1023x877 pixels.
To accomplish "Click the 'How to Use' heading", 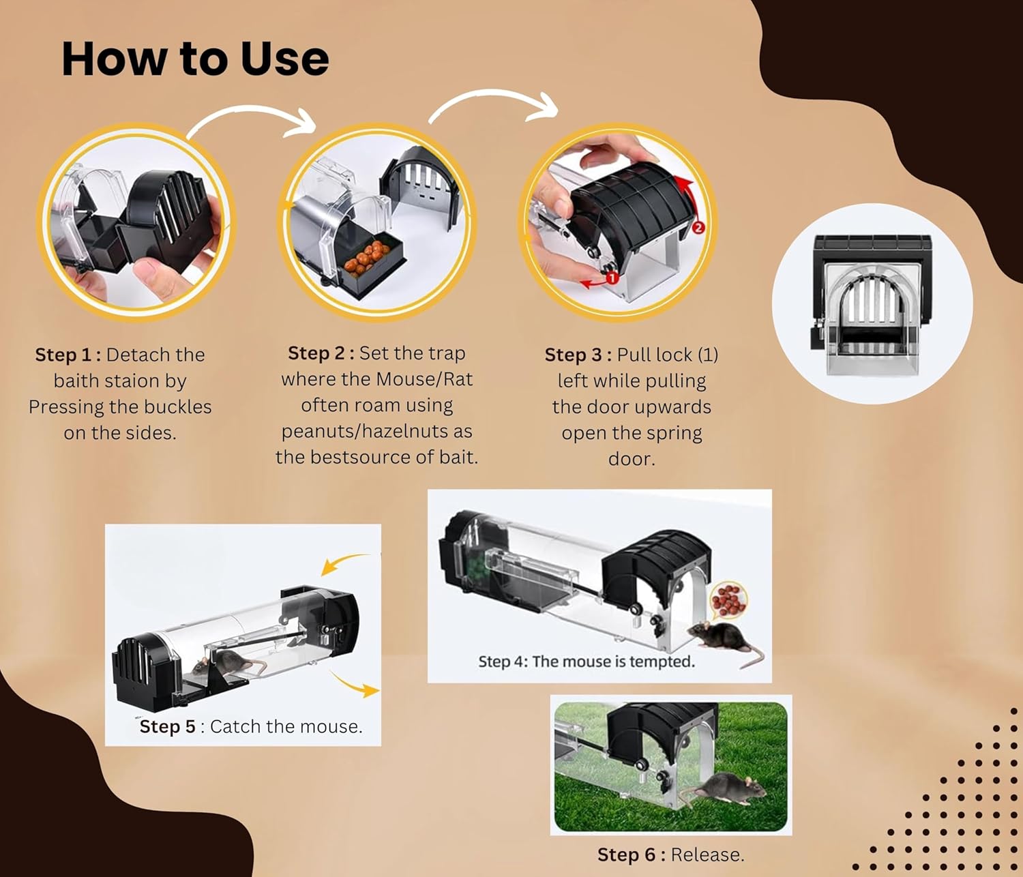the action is pos(195,59).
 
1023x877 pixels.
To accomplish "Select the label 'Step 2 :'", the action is pos(321,353).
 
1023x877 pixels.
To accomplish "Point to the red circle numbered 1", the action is pos(612,278).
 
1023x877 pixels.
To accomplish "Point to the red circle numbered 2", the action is pos(698,228).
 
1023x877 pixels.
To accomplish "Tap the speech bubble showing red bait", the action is pos(728,600).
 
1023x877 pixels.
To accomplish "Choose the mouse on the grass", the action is pos(724,790).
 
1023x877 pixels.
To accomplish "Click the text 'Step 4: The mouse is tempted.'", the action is pos(587,662).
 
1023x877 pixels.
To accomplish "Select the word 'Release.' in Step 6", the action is pos(707,854).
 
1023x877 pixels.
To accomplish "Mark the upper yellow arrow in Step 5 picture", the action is pos(343,562).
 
